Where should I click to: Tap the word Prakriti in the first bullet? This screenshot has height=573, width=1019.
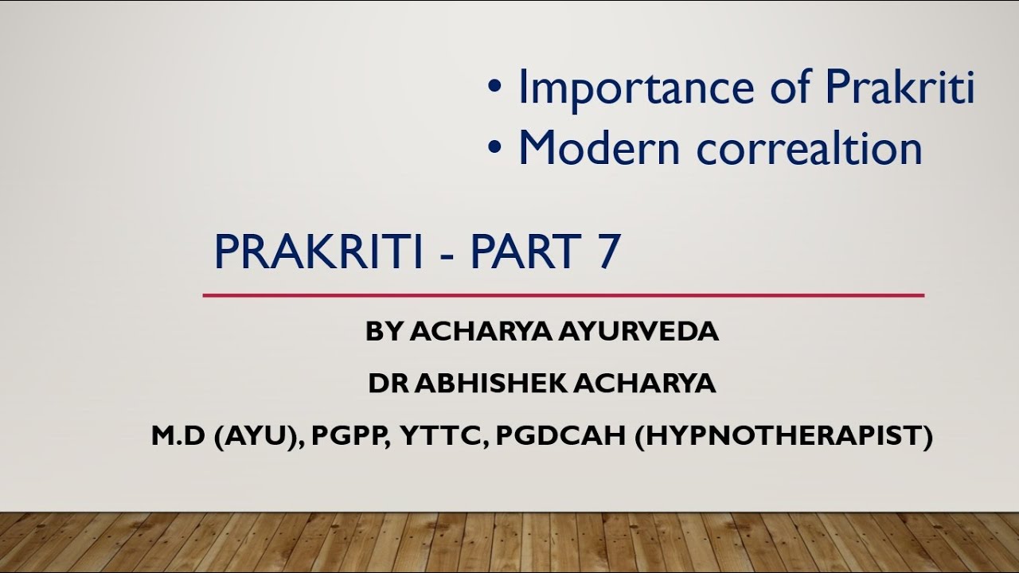click(x=899, y=88)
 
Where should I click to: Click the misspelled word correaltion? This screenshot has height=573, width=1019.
click(x=810, y=149)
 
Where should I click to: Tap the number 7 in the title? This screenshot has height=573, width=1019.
click(x=607, y=252)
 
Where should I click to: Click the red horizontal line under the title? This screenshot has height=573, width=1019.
click(x=563, y=295)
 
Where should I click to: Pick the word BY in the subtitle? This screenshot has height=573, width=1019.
click(x=385, y=333)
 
